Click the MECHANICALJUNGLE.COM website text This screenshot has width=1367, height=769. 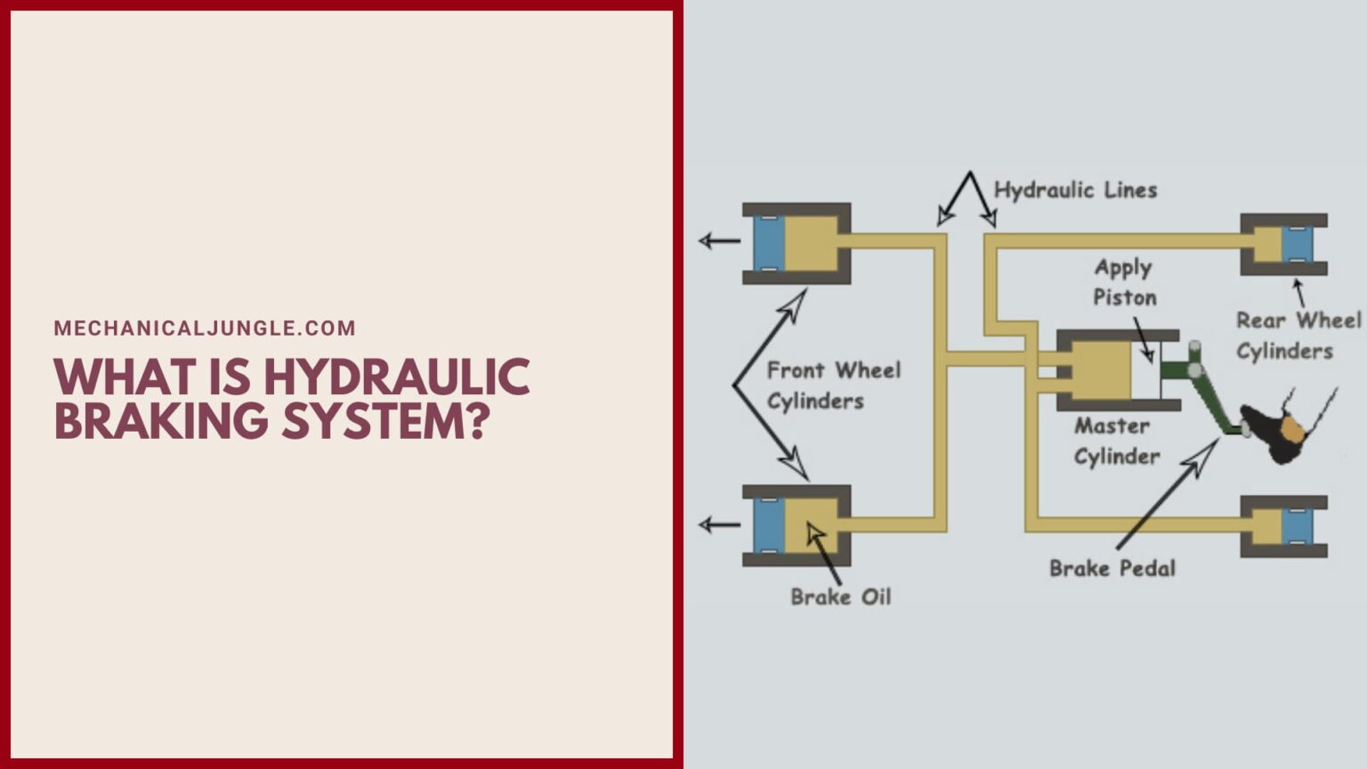pyautogui.click(x=205, y=328)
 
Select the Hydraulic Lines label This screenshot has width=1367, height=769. pyautogui.click(x=1075, y=190)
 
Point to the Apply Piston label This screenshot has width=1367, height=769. pyautogui.click(x=1124, y=282)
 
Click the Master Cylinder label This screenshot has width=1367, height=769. pyautogui.click(x=1116, y=441)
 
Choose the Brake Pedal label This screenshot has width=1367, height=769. pyautogui.click(x=1112, y=568)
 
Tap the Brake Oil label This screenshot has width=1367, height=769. pyautogui.click(x=840, y=596)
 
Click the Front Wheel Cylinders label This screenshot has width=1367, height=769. pyautogui.click(x=833, y=384)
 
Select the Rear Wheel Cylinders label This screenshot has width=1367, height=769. pyautogui.click(x=1298, y=336)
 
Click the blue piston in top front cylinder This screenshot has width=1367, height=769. pyautogui.click(x=768, y=242)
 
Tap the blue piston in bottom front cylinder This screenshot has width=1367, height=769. pyautogui.click(x=768, y=525)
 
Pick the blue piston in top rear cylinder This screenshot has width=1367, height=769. pyautogui.click(x=1297, y=244)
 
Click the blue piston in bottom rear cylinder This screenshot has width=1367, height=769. pyautogui.click(x=1297, y=526)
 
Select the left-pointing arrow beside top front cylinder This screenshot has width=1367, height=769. pyautogui.click(x=719, y=240)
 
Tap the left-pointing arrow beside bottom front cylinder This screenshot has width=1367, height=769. pyautogui.click(x=719, y=524)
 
